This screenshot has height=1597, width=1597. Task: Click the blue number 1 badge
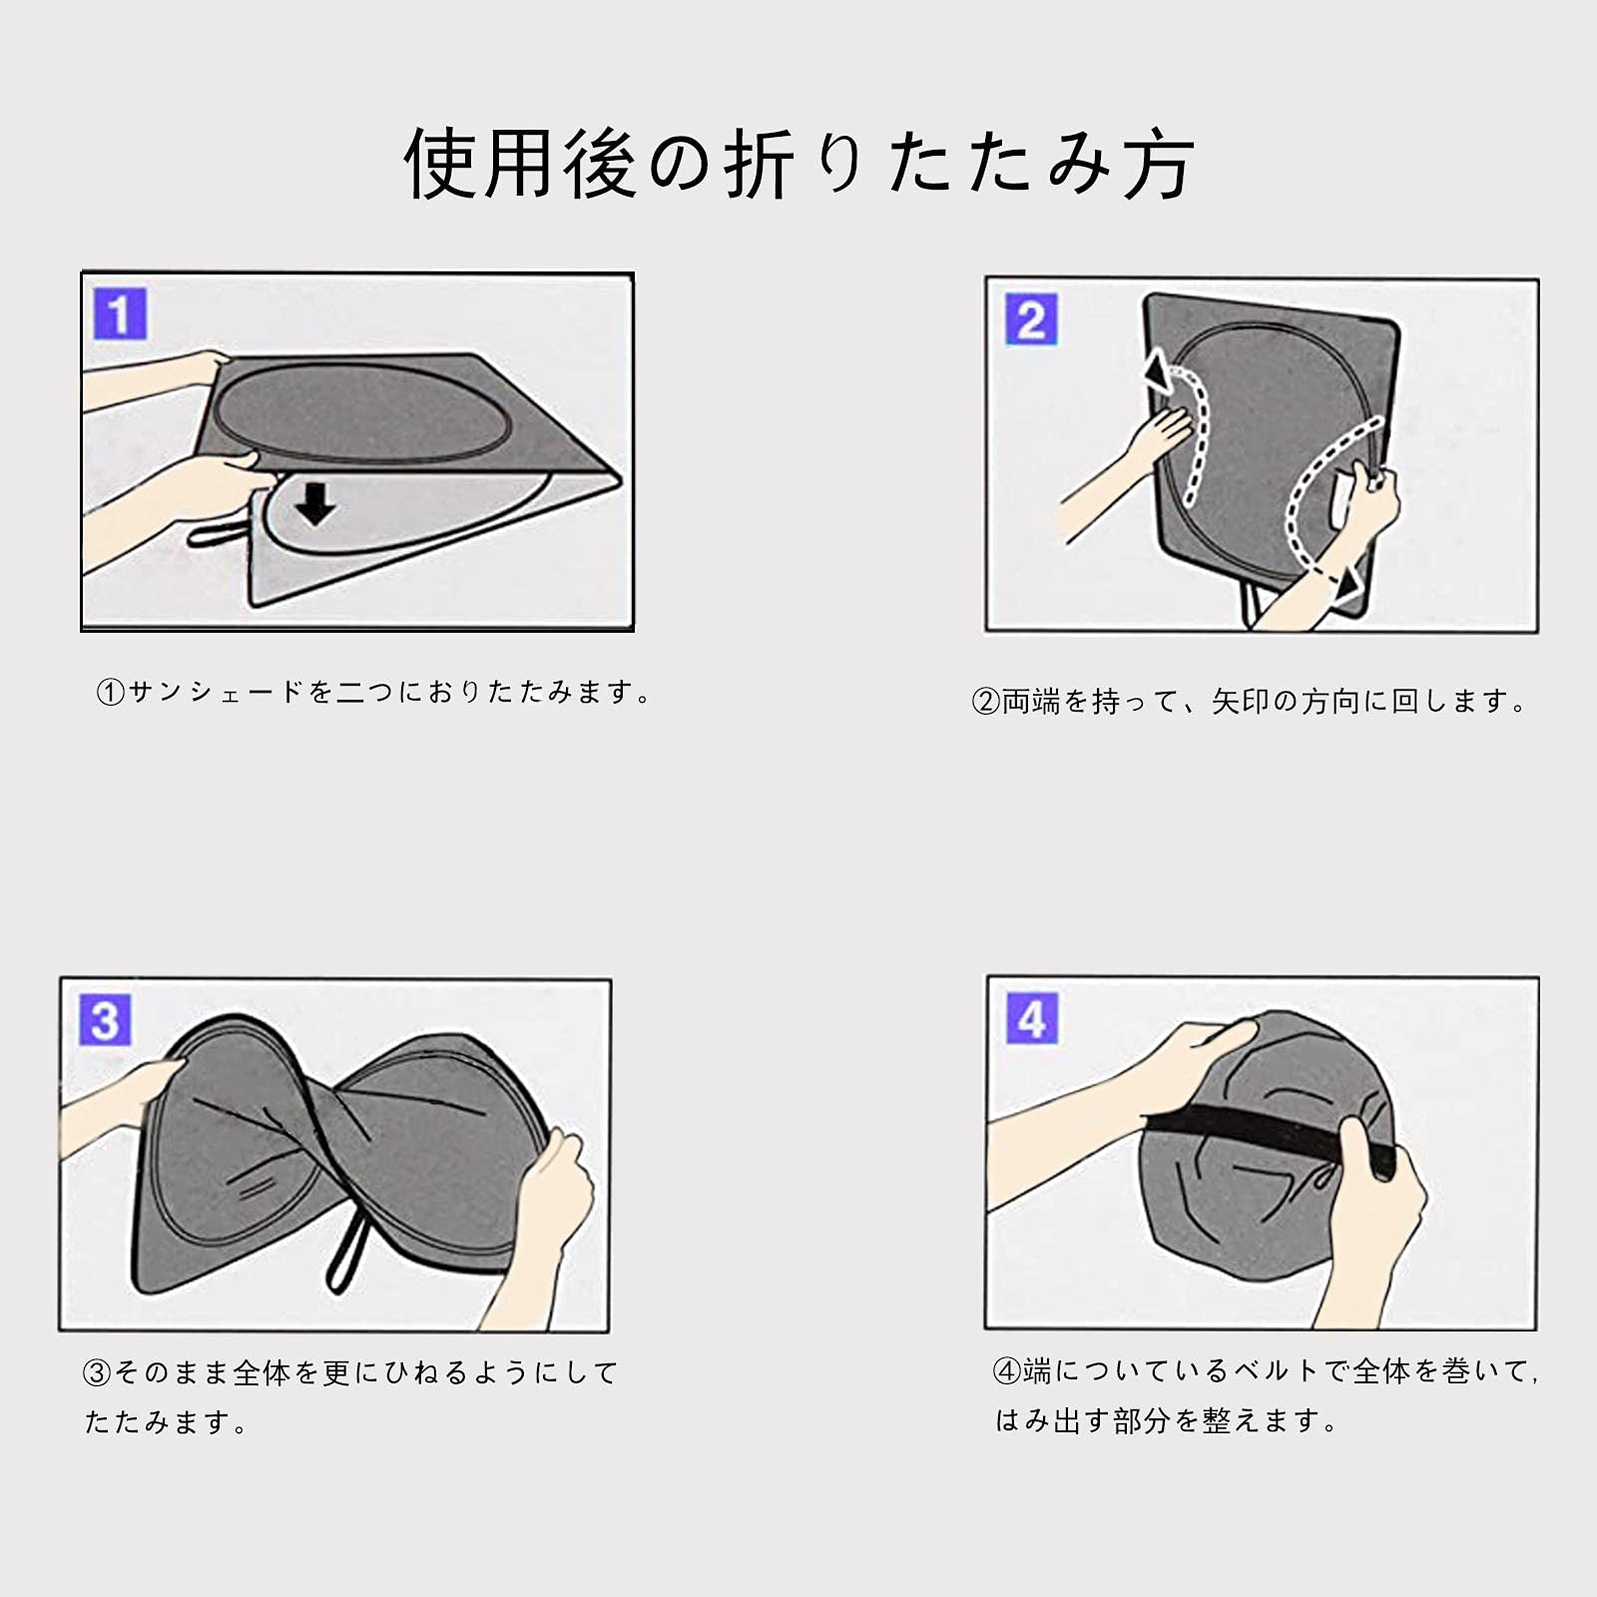coord(120,314)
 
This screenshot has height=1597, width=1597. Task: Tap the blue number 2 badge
coord(1031,320)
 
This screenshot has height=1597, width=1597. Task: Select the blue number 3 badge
coord(105,1020)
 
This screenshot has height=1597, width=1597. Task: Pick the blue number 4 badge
coord(1032,1019)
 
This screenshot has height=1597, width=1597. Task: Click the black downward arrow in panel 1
coord(315,506)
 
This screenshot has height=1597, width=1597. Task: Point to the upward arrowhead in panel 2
coord(1159,371)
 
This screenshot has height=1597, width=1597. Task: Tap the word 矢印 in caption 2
coord(1241,702)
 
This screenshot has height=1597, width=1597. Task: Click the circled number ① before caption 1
coord(110,692)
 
